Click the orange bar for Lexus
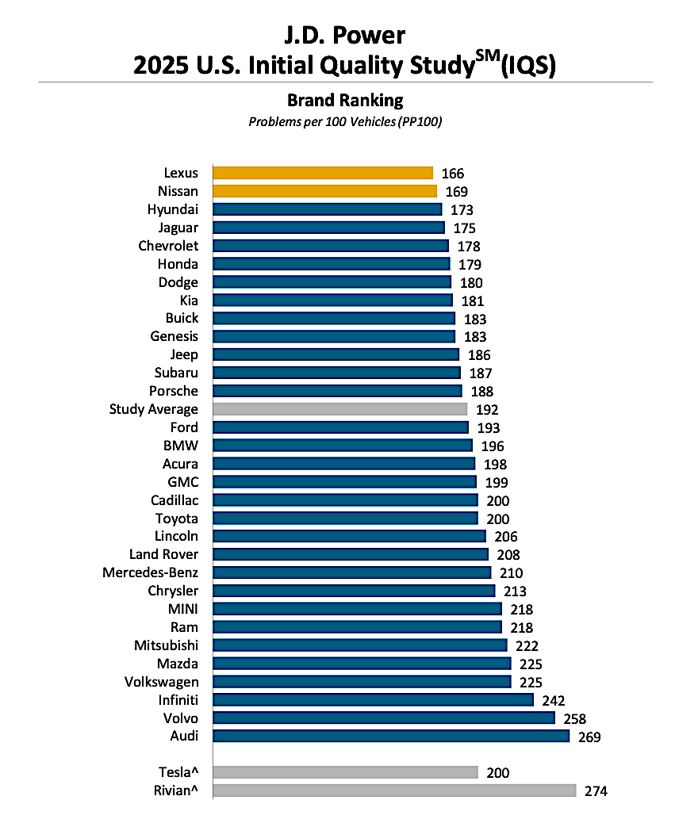(x=323, y=173)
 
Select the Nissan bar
(x=324, y=191)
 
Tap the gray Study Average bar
(x=339, y=409)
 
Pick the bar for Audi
(x=391, y=736)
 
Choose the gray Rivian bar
(x=394, y=790)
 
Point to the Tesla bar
(x=345, y=772)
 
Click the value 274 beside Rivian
(x=596, y=790)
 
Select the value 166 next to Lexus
(x=453, y=173)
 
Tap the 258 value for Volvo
(x=574, y=718)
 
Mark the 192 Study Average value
(x=487, y=410)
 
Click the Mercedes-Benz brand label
(x=151, y=572)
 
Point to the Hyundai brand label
(x=173, y=209)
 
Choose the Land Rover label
(x=164, y=554)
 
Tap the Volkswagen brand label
(x=162, y=682)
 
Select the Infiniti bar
(x=373, y=699)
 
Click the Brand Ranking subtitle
(x=345, y=101)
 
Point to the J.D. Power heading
(x=345, y=35)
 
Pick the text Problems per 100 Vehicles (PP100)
(x=345, y=122)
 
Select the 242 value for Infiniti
(x=553, y=700)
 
